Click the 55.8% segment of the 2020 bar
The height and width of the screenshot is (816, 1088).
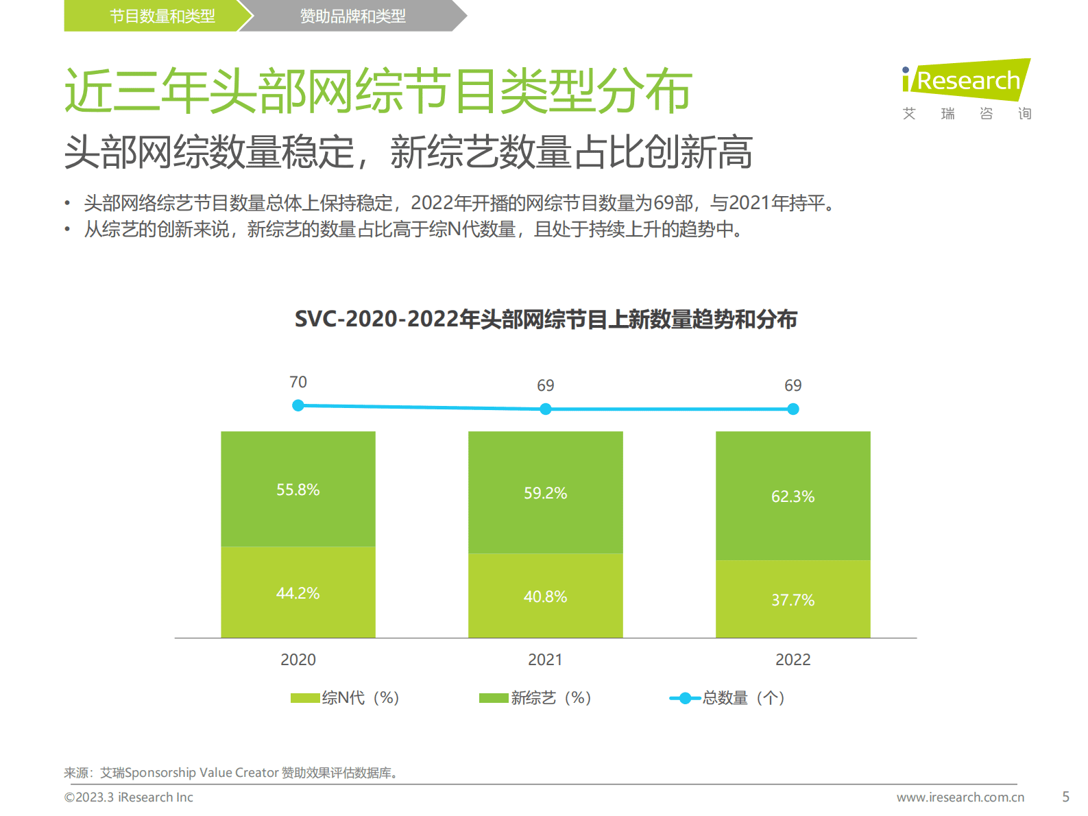298,489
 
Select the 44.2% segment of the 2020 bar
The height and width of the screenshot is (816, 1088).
298,592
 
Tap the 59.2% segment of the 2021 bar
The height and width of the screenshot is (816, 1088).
545,492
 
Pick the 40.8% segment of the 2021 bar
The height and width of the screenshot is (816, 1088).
545,596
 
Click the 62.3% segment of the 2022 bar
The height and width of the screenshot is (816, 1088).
793,496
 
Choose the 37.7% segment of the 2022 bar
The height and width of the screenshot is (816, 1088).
793,599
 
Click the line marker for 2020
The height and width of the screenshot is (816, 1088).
298,406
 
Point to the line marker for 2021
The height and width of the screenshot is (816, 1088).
546,409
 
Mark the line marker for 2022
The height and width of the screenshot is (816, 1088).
793,409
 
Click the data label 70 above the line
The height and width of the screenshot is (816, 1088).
298,382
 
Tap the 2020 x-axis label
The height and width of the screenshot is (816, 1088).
298,660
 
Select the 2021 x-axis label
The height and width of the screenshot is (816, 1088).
545,660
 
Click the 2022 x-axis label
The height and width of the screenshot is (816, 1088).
793,660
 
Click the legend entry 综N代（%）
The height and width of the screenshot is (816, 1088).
345,698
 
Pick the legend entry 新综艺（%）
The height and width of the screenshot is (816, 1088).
535,698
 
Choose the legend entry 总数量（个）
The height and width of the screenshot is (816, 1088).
727,698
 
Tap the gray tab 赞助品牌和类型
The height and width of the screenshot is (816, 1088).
353,16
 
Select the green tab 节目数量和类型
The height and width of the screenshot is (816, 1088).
162,16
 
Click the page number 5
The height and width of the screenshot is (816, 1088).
1065,797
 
